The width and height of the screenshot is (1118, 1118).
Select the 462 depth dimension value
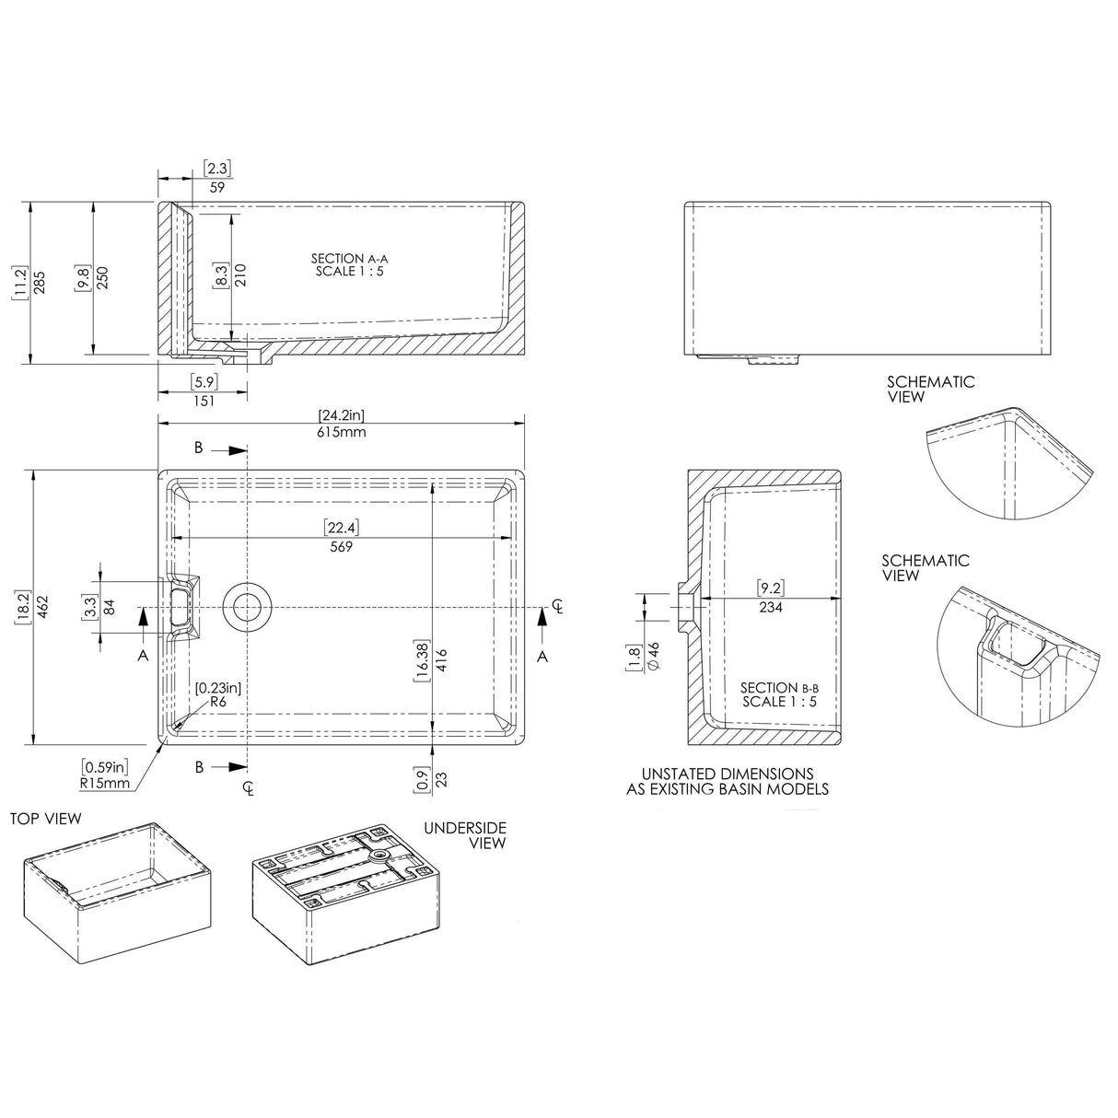(x=42, y=606)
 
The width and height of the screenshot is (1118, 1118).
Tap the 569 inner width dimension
(x=342, y=546)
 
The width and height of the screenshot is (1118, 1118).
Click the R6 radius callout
(x=218, y=702)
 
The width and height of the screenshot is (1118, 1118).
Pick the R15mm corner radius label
(x=105, y=785)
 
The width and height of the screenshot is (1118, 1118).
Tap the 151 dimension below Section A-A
(x=204, y=401)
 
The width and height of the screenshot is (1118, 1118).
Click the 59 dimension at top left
(x=217, y=186)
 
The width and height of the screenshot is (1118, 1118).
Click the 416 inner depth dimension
(x=442, y=659)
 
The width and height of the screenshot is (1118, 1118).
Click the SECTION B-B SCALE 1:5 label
(x=779, y=694)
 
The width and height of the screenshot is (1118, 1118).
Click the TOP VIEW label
(x=46, y=818)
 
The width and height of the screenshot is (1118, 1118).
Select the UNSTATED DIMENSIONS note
(x=727, y=781)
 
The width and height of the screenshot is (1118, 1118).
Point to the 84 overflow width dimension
(x=110, y=607)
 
